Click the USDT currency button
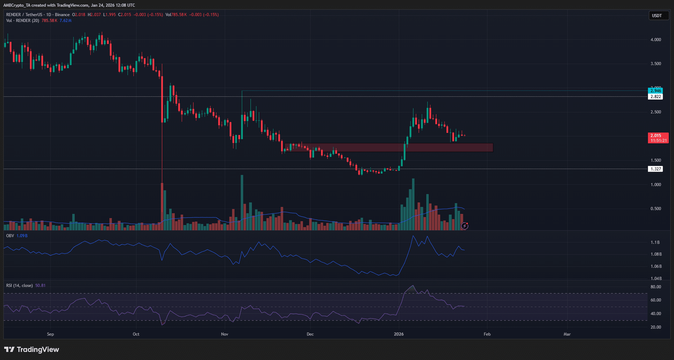click(657, 16)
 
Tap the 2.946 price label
click(655, 91)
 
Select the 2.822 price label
click(655, 97)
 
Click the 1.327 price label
click(655, 169)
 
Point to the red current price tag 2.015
click(658, 138)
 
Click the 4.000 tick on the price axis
click(655, 40)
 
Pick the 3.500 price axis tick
click(655, 64)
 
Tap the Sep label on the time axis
click(51, 334)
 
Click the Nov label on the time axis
click(225, 334)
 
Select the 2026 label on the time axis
click(399, 334)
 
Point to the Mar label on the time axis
click(567, 334)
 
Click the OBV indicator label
click(10, 236)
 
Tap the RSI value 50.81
click(40, 285)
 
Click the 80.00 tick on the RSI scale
click(655, 287)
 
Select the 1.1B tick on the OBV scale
click(655, 242)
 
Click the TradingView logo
click(32, 349)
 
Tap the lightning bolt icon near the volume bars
click(465, 226)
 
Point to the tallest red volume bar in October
click(162, 207)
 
